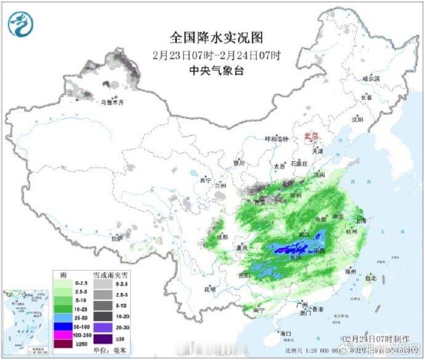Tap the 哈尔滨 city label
point(371,79)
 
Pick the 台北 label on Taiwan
point(370,278)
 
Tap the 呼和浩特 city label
point(276,138)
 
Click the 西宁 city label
point(197,181)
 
